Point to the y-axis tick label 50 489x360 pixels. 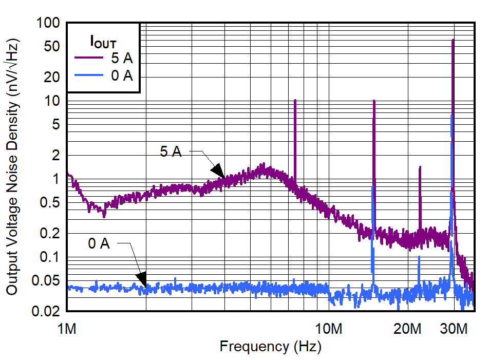[51, 46]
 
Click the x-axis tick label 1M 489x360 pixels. [67, 328]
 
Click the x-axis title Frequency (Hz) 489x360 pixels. [270, 347]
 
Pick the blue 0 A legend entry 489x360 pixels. [103, 76]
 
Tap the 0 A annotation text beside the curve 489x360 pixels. [99, 243]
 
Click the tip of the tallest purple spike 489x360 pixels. [453, 40]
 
